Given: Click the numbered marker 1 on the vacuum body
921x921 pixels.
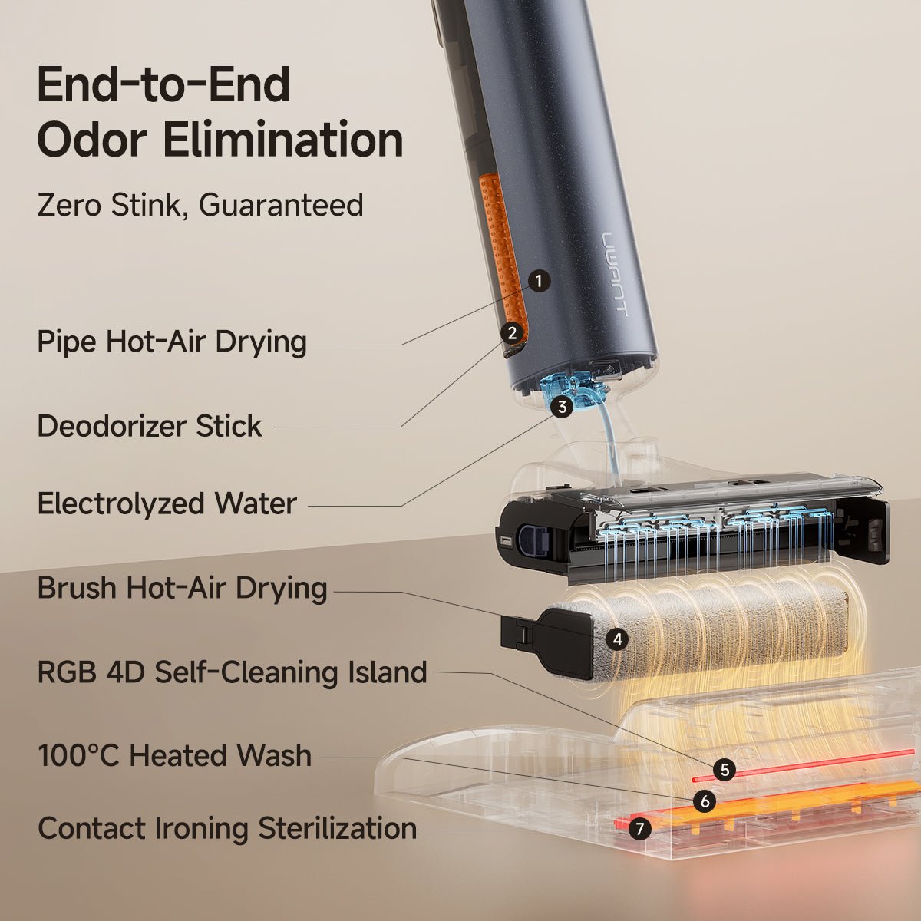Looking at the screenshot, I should (540, 281).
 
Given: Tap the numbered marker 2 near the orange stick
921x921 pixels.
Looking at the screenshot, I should (512, 332).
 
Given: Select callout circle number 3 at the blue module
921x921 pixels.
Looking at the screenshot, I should (563, 407).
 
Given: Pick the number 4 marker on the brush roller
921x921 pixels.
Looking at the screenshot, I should (616, 639).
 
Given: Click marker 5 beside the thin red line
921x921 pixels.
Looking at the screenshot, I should (723, 770).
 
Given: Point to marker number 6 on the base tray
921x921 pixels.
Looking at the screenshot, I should (704, 801).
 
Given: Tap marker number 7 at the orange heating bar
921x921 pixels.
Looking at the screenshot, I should (639, 829).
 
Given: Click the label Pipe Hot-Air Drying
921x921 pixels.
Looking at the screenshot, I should (172, 342).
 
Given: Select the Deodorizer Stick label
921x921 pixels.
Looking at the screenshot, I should (150, 426).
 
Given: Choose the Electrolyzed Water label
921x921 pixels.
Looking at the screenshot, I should (167, 504).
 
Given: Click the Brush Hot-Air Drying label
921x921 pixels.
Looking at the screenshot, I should (182, 589).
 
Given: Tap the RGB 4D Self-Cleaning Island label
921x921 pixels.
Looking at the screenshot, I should (232, 672).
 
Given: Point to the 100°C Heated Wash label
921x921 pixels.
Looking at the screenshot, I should (174, 756).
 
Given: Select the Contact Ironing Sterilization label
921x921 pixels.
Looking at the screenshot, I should (227, 829).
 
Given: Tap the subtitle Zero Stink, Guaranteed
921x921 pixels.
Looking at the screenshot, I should (200, 206).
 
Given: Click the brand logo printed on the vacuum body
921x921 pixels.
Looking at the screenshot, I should (615, 272).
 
